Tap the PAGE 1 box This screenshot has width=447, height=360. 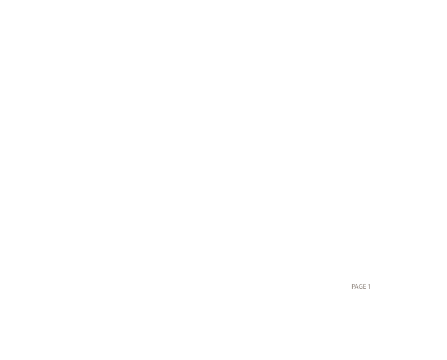(361, 287)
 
